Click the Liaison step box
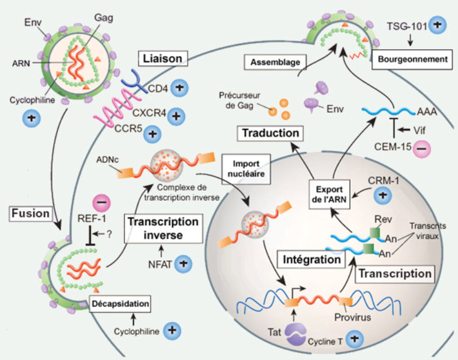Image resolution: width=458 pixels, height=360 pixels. coord(160,58)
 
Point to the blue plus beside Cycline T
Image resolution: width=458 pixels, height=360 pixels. coord(355,339)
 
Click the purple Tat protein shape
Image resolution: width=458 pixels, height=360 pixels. coord(297,334)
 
